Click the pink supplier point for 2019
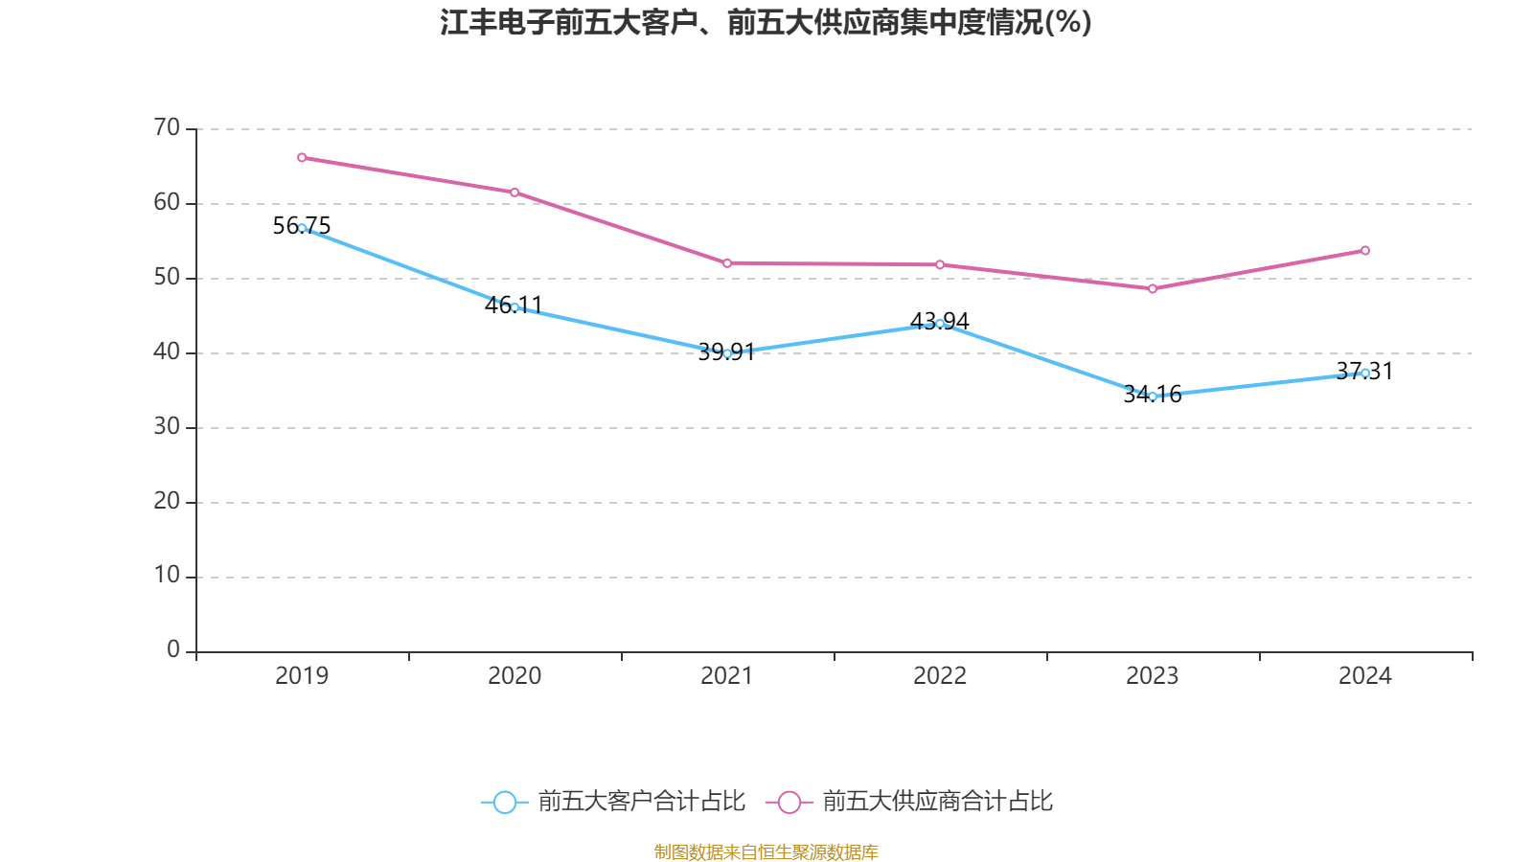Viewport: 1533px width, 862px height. point(302,157)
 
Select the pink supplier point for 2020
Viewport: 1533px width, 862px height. point(515,193)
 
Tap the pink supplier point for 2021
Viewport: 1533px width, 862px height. point(727,263)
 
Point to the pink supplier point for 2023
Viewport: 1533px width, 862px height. point(1153,288)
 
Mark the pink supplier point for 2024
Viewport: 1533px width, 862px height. point(1365,251)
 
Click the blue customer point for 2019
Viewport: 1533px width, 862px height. point(302,228)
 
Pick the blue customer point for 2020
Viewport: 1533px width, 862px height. point(515,307)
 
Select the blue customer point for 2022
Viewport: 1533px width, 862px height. point(940,324)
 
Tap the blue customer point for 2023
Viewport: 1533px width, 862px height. point(1153,396)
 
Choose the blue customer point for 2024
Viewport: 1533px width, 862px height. point(1365,373)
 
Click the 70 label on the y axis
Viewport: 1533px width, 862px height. point(167,127)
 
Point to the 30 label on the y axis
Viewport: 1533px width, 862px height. point(167,426)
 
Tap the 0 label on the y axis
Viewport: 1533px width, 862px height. point(173,649)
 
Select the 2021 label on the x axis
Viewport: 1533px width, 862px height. point(727,676)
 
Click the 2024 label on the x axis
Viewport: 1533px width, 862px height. point(1365,676)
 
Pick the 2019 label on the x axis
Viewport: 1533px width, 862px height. point(302,676)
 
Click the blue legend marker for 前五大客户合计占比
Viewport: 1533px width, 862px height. point(504,802)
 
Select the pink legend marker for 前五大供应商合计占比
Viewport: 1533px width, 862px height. point(789,802)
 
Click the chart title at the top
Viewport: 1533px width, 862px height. point(766,22)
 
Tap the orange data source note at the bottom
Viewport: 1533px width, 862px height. point(766,851)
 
